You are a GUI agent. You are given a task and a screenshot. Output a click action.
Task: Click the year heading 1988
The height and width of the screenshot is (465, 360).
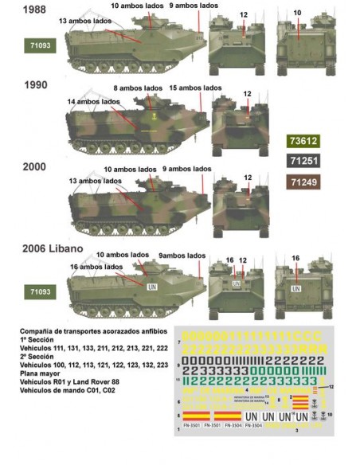[x=36, y=11]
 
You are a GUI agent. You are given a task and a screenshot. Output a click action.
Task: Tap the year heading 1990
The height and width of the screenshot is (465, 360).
[x=36, y=84]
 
